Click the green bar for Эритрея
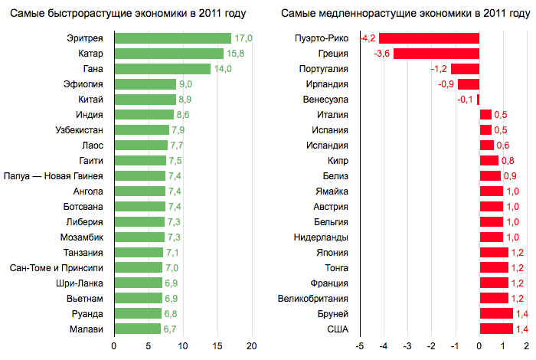[172, 38]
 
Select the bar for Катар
[168, 54]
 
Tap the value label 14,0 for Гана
[222, 69]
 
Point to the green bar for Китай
[145, 100]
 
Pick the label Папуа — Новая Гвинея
[59, 176]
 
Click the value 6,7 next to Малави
[170, 329]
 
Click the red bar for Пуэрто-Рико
[429, 38]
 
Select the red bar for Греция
[436, 54]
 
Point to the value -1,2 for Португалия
[440, 69]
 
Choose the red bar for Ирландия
[469, 84]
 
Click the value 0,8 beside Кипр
[507, 161]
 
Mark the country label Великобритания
[314, 299]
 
